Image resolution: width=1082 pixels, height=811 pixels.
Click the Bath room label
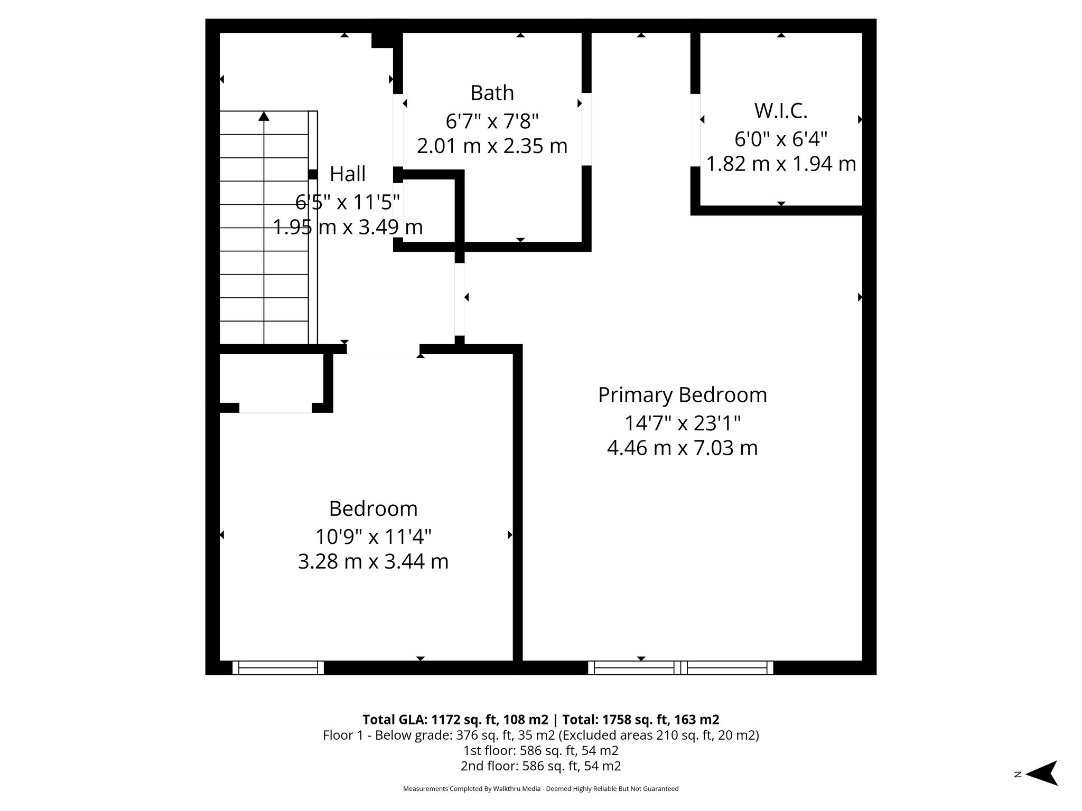[492, 93]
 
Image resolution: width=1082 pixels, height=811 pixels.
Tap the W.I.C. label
[780, 111]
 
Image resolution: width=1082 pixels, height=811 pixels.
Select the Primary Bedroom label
[682, 395]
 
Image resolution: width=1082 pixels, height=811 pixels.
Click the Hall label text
[348, 174]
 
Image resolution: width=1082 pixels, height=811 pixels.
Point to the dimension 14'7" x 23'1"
[682, 423]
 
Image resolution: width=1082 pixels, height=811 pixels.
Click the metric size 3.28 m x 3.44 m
[373, 561]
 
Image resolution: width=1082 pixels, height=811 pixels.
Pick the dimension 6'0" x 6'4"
[780, 139]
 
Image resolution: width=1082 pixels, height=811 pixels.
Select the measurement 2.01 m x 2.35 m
[492, 146]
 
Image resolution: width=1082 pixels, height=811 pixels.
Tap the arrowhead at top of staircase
[264, 116]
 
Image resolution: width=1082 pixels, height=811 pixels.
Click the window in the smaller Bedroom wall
[278, 668]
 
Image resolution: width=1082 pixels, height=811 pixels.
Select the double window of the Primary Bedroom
[680, 668]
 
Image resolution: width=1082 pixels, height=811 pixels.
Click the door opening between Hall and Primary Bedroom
[460, 299]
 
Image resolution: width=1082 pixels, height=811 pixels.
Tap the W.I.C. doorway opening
[695, 130]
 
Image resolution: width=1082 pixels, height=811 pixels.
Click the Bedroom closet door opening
[275, 408]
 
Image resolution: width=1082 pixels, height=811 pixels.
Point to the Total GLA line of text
[540, 720]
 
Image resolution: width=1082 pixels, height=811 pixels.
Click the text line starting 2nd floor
[540, 766]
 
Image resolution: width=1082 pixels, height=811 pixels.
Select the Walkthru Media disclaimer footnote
[540, 789]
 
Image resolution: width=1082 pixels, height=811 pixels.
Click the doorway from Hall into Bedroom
[383, 349]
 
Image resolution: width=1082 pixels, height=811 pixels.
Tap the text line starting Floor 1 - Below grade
[540, 735]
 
